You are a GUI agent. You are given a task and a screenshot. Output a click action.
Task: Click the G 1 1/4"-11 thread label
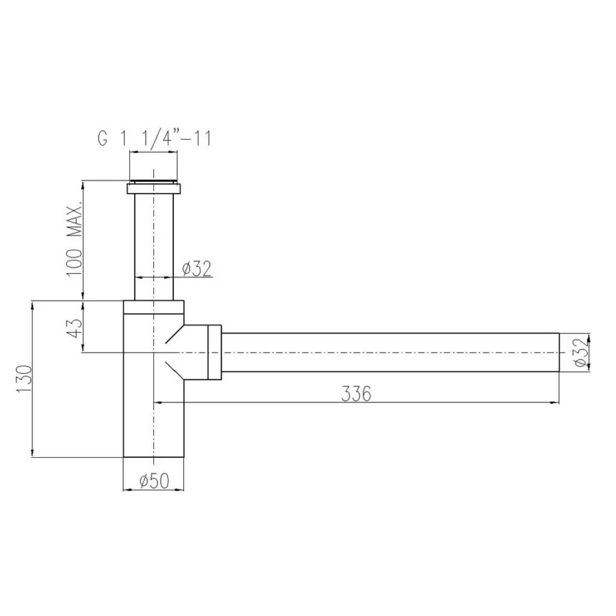[x=155, y=138]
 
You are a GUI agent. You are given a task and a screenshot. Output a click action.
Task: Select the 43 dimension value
[x=75, y=327]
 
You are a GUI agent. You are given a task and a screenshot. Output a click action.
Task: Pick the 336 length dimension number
[x=357, y=394]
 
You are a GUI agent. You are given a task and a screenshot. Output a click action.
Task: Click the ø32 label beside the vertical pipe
[x=197, y=268]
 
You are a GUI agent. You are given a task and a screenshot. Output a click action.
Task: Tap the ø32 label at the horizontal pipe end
[x=582, y=352]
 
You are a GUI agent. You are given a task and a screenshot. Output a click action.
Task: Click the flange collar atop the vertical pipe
[x=153, y=189]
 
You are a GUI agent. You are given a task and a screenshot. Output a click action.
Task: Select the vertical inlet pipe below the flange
[x=154, y=247]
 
